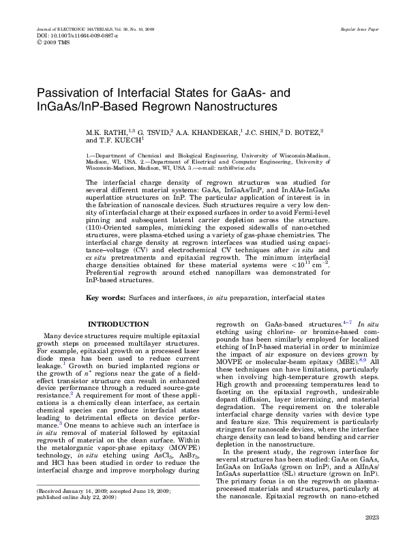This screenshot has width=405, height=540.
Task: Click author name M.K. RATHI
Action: pyautogui.click(x=106, y=131)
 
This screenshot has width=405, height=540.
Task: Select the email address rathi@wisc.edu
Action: pyautogui.click(x=236, y=167)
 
